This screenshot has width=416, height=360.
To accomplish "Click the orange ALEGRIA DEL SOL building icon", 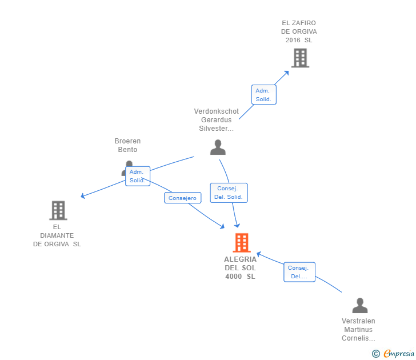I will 242,243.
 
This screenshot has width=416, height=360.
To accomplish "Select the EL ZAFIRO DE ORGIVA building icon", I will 300,58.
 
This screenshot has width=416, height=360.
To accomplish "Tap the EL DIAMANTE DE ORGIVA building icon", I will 58,210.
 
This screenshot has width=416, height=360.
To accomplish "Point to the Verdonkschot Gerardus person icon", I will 218,147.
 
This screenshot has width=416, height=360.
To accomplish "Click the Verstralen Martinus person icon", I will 359,305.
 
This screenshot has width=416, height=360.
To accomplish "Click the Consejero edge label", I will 183,198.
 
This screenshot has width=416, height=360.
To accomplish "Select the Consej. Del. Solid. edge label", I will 229,193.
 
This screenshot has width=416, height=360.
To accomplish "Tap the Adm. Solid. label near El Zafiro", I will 263,95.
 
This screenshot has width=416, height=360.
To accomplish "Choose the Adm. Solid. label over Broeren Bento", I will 137,176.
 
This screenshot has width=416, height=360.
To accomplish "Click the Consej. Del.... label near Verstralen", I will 299,272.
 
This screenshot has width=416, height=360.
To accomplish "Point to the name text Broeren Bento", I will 127,145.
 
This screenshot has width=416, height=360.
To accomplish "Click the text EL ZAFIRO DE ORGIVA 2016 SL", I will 299,32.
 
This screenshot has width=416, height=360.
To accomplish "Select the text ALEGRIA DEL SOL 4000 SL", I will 241,268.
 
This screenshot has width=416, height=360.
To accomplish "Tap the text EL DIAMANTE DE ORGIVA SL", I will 57,235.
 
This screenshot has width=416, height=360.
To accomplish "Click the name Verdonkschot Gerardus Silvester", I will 217,120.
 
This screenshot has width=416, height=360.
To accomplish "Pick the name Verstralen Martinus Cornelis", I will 358,330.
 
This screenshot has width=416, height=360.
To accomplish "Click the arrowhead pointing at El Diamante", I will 83,196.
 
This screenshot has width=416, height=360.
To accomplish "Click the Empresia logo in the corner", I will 394,354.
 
